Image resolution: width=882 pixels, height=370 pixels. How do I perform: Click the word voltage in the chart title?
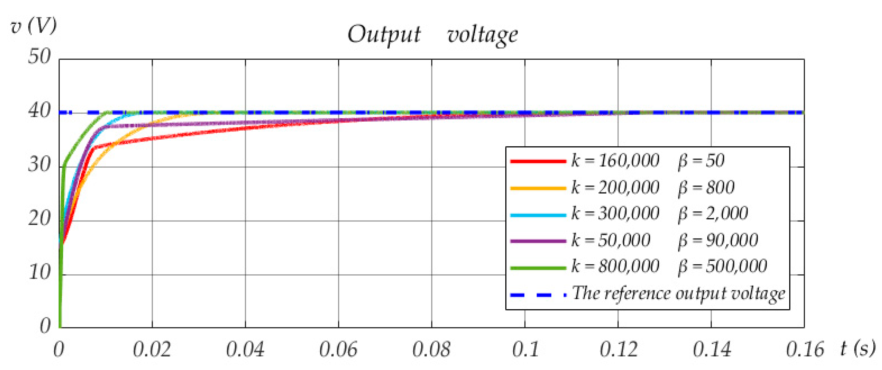482,35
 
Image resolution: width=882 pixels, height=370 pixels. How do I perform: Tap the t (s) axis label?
857,348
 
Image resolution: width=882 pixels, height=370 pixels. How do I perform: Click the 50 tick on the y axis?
39,56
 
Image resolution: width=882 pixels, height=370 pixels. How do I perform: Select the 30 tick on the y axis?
39,165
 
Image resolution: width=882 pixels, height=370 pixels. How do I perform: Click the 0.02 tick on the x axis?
152,350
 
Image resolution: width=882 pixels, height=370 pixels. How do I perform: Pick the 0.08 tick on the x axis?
431,350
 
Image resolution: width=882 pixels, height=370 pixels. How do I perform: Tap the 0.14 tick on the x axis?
712,350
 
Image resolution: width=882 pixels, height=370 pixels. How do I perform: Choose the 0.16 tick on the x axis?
805,350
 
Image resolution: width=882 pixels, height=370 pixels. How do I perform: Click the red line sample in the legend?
537,161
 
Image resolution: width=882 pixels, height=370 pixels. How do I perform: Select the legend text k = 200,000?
615,187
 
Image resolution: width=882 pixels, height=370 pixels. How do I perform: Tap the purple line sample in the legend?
537,241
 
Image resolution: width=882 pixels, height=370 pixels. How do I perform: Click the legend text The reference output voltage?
678,294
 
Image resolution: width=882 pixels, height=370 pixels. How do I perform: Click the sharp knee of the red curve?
93,148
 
